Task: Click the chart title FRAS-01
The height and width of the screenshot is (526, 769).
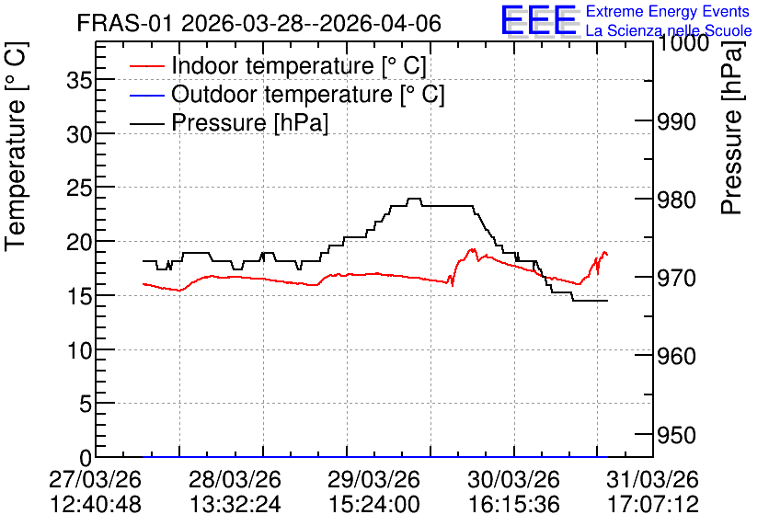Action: [x=124, y=23]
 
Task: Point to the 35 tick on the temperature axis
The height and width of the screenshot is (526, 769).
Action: [x=79, y=80]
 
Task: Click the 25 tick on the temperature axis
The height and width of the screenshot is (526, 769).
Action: [x=79, y=188]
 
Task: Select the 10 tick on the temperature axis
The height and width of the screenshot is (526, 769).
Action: [x=79, y=350]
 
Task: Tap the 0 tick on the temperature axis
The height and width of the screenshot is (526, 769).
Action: [x=86, y=458]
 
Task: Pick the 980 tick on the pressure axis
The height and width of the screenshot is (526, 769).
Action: [x=676, y=200]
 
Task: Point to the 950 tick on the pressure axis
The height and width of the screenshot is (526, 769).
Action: [x=676, y=435]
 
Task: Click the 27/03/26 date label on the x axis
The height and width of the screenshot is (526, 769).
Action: [x=95, y=479]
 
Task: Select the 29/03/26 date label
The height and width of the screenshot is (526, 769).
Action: [x=373, y=479]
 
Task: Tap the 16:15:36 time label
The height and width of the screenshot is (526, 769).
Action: [x=513, y=505]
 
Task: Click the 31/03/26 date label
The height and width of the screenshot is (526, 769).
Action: [x=653, y=479]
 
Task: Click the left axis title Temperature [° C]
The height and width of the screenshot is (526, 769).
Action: [x=16, y=147]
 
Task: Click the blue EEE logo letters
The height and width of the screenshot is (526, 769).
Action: [x=538, y=20]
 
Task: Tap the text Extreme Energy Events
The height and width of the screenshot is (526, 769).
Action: [x=668, y=11]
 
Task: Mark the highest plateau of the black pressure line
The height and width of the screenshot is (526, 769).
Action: [x=415, y=199]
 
